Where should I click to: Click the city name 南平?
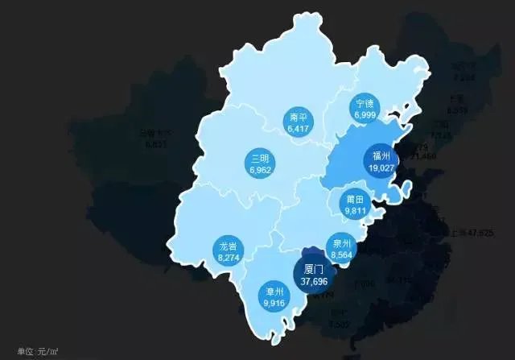(298, 118)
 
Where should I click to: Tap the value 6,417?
(298, 128)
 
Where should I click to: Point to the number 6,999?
(365, 116)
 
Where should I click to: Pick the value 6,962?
(259, 170)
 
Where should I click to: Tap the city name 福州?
(381, 156)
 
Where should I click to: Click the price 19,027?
(381, 168)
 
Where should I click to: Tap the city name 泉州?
(340, 243)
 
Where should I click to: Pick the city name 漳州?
(274, 292)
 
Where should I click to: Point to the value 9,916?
(274, 303)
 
